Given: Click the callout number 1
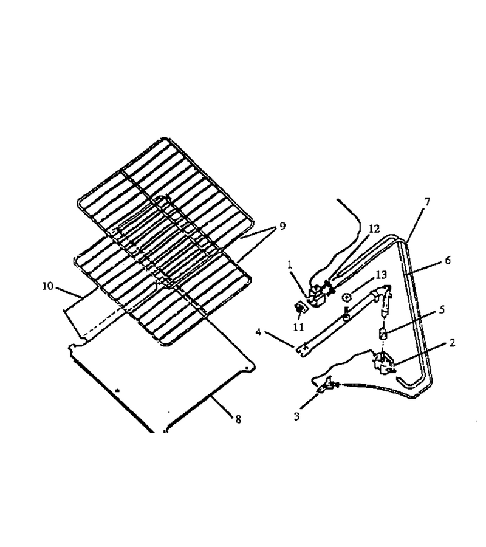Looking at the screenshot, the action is coord(290,264).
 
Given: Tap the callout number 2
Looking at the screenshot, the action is coord(452,343).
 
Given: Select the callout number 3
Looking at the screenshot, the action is coord(296,416).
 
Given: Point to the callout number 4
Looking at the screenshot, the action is coord(258,332).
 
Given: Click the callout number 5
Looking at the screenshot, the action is coord(442,310).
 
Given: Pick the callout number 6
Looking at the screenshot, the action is coord(448,260).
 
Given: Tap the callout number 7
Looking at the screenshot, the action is coord(427,202).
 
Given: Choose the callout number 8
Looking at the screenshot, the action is coord(238,419).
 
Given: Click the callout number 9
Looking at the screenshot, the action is coord(282,226).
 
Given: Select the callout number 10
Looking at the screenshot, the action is coord(48,286).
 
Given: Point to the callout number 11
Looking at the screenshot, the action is coord(299,327).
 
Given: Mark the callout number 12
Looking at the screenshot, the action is coord(374,229).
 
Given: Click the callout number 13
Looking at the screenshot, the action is coord(381,275).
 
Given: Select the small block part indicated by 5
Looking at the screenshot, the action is coord(383,335).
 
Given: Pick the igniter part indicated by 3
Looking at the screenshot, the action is coord(327,385).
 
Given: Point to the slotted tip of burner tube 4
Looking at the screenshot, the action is coord(302,350).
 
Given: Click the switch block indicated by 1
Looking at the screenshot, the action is coord(317,296).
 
